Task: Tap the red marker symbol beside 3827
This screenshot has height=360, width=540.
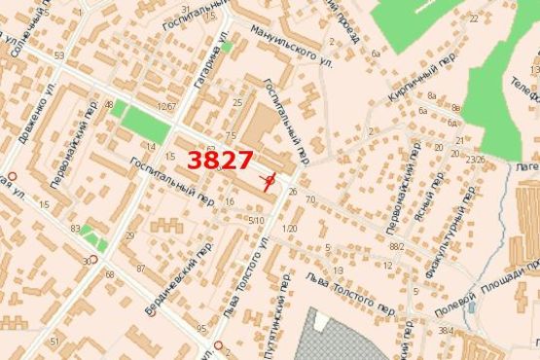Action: tap(270, 182)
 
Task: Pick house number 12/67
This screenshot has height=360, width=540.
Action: tap(166, 105)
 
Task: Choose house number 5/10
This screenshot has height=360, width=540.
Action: tap(257, 221)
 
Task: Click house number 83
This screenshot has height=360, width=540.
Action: tap(75, 227)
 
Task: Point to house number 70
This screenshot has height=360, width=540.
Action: tap(310, 199)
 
